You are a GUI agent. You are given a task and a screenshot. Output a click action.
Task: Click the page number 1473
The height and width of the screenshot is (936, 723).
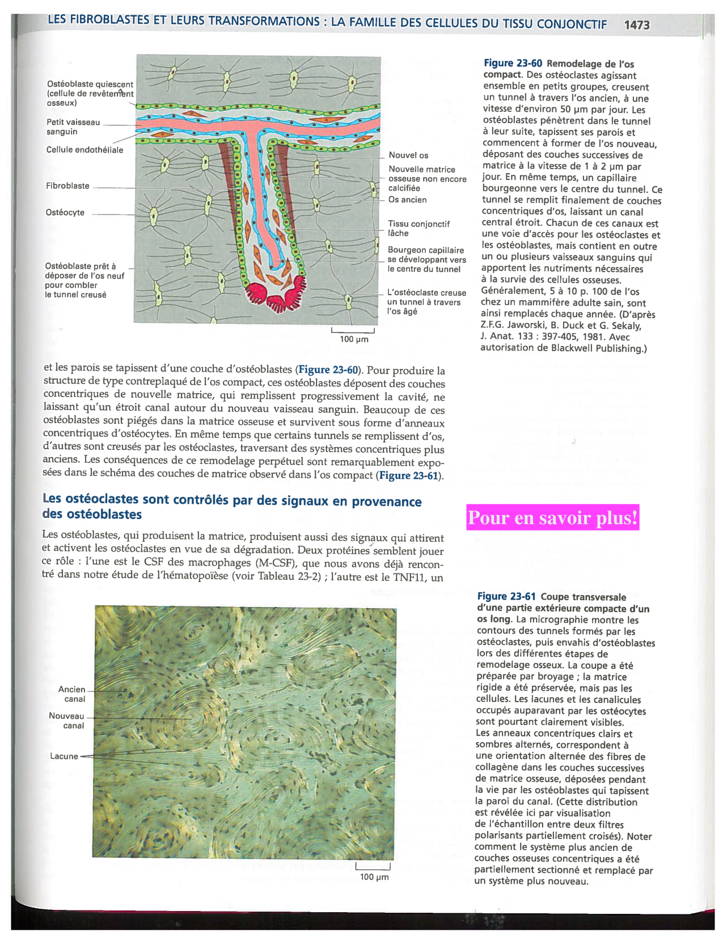point(636,25)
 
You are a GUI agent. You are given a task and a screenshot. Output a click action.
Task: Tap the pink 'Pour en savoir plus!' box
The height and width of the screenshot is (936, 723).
point(553,518)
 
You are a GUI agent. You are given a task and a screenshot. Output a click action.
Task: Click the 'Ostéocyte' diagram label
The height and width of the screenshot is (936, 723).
point(65,213)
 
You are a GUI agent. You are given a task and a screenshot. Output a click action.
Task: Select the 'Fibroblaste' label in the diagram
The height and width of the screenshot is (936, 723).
point(67,186)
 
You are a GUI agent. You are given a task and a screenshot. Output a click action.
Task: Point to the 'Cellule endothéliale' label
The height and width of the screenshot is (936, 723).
point(84,150)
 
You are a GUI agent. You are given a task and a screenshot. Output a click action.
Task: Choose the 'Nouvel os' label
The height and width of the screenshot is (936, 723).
point(408,155)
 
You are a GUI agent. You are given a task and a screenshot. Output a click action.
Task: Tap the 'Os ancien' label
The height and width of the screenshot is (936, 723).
point(407,200)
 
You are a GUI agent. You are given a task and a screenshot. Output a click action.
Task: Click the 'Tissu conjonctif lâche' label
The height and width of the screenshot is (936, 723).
point(418,229)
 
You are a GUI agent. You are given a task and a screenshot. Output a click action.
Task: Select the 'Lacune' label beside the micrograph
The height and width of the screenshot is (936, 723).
point(64,756)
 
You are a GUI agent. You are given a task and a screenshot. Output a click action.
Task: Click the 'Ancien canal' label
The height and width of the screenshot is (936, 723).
point(72,694)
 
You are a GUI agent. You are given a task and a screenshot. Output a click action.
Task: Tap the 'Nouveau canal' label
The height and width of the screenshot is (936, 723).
point(67,721)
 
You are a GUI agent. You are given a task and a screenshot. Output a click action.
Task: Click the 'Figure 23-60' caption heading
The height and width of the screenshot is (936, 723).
point(513,64)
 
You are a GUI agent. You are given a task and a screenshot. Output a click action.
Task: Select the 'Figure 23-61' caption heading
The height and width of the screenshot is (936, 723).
point(506,596)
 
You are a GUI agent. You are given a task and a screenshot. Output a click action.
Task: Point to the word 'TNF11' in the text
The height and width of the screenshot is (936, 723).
point(413,577)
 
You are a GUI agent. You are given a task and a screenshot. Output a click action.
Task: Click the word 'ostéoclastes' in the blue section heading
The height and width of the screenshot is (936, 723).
point(101,499)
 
